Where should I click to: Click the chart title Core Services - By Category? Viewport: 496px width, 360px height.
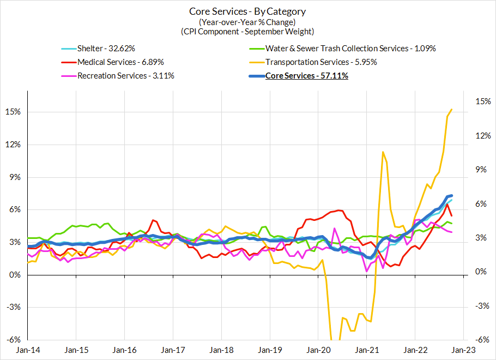(247, 11)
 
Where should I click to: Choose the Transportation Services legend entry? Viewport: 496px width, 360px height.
(320, 62)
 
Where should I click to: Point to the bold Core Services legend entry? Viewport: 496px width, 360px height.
(306, 76)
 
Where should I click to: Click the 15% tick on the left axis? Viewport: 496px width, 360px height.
(13, 112)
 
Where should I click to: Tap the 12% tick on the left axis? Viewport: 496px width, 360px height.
(13, 145)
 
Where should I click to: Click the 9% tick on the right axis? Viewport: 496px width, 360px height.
(475, 170)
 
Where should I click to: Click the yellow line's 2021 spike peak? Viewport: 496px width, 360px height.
(383, 152)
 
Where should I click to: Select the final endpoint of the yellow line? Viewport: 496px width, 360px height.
(452, 110)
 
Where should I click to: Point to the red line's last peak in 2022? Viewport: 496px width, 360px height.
(447, 204)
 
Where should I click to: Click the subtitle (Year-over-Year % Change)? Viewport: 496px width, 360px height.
(247, 22)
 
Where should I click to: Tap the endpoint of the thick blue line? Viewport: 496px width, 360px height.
(452, 195)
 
